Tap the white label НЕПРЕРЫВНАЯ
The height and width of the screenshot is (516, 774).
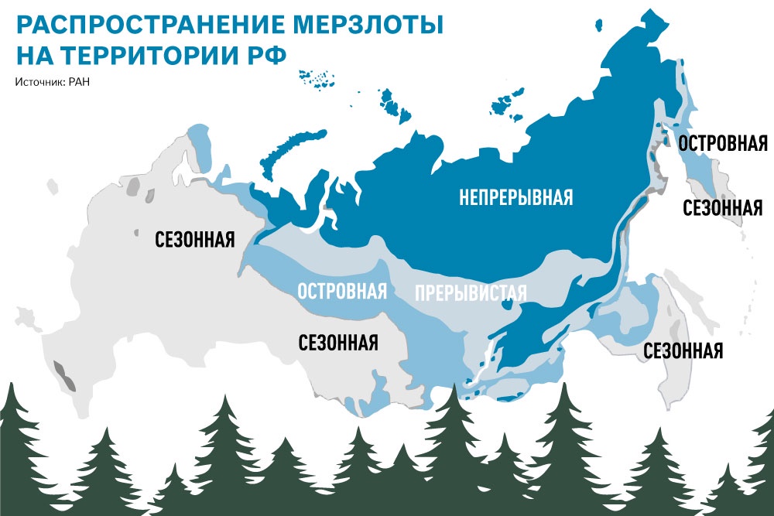click(515, 198)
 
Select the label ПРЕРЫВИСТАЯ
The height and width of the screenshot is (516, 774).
click(471, 293)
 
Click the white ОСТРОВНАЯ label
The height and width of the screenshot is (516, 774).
click(341, 292)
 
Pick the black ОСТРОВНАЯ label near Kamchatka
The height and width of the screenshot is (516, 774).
click(722, 144)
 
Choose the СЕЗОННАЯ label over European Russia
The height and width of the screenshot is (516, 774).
click(194, 237)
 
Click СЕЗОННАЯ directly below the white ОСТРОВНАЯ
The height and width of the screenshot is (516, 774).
click(338, 342)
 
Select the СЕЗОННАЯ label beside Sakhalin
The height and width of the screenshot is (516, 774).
click(683, 350)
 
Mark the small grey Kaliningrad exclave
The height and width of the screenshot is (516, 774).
click(53, 186)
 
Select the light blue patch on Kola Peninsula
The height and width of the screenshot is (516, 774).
click(200, 143)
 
